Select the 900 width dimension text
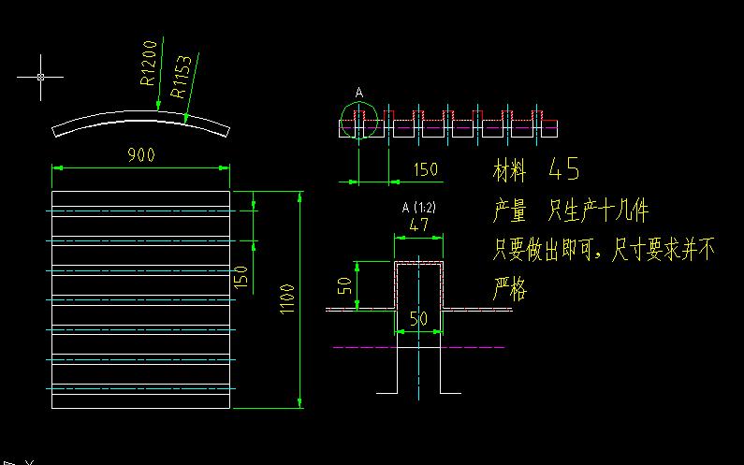[x=140, y=154]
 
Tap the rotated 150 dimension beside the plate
[x=241, y=277]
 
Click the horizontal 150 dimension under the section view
[x=425, y=169]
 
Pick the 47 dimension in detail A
[x=418, y=225]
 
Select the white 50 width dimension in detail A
[x=418, y=319]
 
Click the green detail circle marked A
[x=357, y=121]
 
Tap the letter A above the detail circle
[x=358, y=93]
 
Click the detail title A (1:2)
[x=417, y=207]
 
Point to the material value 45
[x=564, y=169]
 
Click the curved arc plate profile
[x=140, y=119]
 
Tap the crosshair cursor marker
[x=40, y=77]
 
